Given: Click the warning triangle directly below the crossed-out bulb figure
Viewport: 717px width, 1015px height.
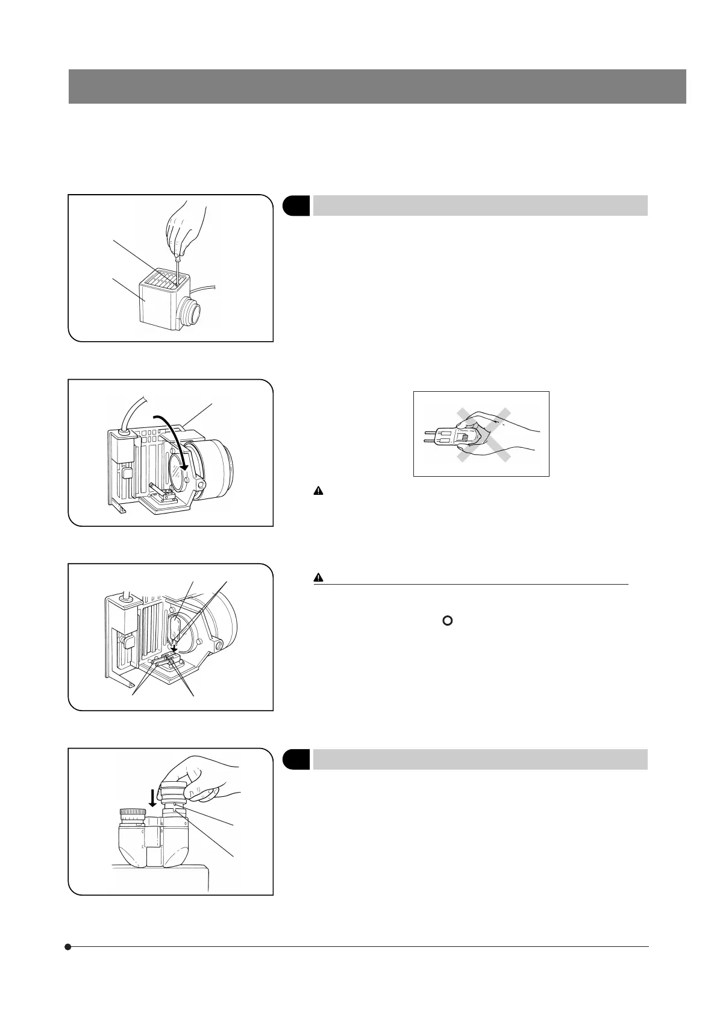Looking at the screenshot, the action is click(318, 491).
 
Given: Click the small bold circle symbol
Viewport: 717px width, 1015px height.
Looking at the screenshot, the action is click(447, 620).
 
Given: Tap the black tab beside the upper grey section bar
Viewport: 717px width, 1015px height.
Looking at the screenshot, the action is click(296, 205).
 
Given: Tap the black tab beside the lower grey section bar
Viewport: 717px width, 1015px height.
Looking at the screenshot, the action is click(296, 759).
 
